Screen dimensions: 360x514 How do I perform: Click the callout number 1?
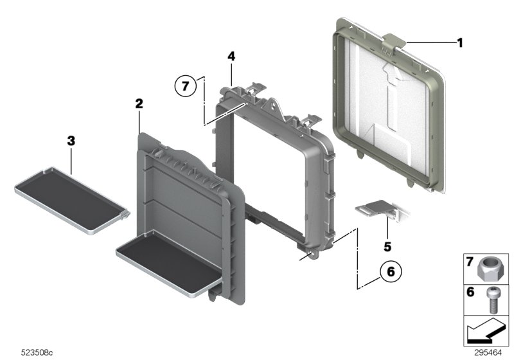(x=459, y=42)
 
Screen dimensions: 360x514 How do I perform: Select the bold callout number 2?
(x=139, y=103)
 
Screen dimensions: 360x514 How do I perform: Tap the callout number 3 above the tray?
(x=71, y=139)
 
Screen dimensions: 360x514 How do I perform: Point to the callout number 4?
(x=231, y=57)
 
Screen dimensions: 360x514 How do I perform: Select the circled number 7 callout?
(x=186, y=85)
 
